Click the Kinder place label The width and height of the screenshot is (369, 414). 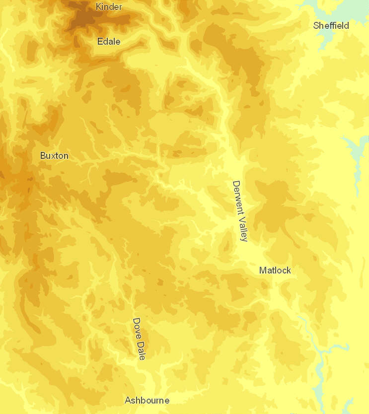pyautogui.click(x=109, y=6)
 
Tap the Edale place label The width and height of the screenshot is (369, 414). pyautogui.click(x=109, y=41)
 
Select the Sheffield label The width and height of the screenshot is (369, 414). pyautogui.click(x=331, y=25)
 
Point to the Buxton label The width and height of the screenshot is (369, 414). pyautogui.click(x=54, y=155)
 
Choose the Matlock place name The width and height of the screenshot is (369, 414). pyautogui.click(x=275, y=270)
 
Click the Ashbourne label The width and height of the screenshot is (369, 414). pyautogui.click(x=147, y=400)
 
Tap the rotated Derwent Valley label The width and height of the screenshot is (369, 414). pyautogui.click(x=240, y=211)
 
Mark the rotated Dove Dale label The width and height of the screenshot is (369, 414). pyautogui.click(x=139, y=339)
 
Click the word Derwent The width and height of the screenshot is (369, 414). pyautogui.click(x=238, y=197)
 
